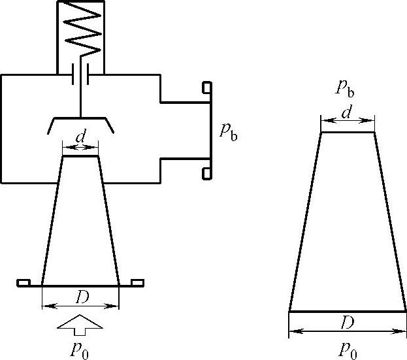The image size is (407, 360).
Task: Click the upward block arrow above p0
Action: pos(80,323)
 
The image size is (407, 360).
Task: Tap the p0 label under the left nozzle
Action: pos(80,349)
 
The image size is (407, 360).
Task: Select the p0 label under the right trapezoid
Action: pos(348,349)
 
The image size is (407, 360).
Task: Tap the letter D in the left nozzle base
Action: pos(81,297)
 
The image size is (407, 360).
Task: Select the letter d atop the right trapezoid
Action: pos(348,113)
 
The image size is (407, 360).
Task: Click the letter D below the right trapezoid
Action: pos(347,322)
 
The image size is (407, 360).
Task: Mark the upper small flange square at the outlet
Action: pos(206,87)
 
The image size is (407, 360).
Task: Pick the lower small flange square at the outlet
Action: pos(206,172)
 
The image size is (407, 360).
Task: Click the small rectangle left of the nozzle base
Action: pos(24,282)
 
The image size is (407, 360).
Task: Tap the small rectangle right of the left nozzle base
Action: pos(137,282)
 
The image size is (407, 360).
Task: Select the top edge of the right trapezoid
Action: pos(348,133)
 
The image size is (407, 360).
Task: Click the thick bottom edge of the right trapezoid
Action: pos(348,312)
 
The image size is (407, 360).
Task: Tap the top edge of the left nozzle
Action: pos(80,155)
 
